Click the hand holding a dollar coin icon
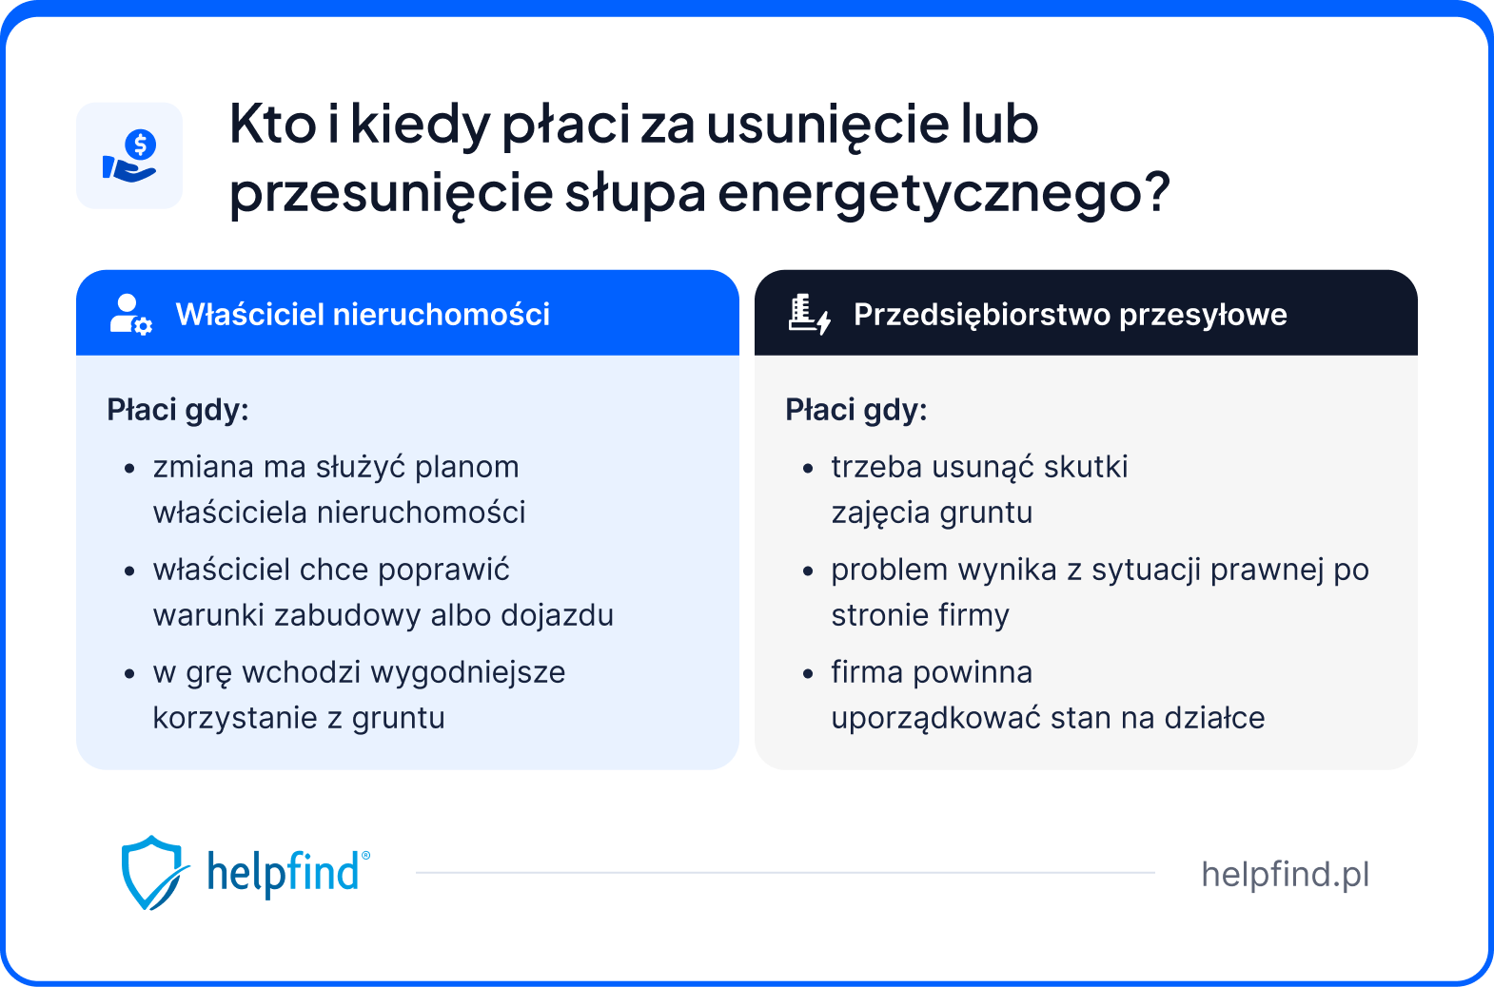pos(129,156)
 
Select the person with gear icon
pos(129,314)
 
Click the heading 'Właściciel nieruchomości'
pos(363,315)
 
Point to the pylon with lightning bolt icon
pos(809,314)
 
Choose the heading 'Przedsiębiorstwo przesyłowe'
pos(1070,315)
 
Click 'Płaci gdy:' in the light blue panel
pos(178,410)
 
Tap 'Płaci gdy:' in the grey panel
pos(855,410)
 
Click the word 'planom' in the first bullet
pos(467,467)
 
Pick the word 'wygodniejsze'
pos(467,672)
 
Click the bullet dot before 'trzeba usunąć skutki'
pos(808,469)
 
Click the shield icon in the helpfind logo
pos(151,872)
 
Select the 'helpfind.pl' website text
pos(1285,874)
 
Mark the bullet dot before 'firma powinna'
pos(808,674)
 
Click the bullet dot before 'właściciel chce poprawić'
pos(129,571)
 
